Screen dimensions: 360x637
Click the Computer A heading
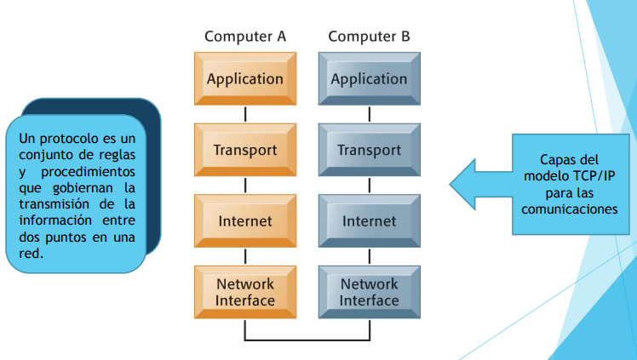coord(245,37)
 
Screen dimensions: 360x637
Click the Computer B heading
coord(369,37)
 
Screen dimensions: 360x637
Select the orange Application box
coord(245,79)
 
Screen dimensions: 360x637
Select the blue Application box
coord(369,79)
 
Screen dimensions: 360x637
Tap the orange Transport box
coord(245,151)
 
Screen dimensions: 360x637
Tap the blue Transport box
coord(369,151)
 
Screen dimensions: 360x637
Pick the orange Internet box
coord(245,221)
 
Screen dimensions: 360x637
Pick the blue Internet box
coord(369,221)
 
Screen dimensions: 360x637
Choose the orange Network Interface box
coord(245,292)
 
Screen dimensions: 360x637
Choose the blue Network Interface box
coord(369,292)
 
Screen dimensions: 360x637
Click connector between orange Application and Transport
coord(245,114)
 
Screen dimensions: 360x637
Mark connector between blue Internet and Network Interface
coord(369,256)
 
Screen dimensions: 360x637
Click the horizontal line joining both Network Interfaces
coord(307,340)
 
